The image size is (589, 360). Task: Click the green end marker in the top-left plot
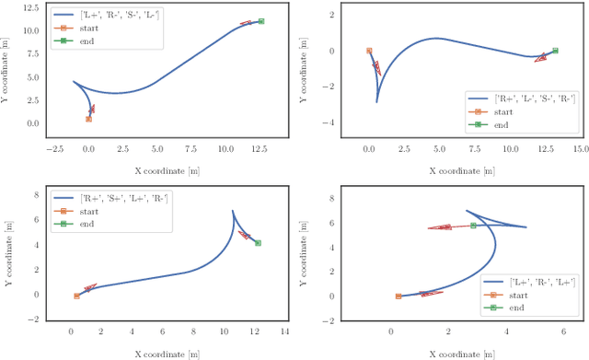coord(261,21)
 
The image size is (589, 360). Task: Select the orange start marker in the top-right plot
coord(369,52)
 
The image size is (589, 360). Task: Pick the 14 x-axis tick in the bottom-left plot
coord(284,331)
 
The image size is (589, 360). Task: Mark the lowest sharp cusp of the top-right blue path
coord(377,101)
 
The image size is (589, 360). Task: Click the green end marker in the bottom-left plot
coord(258,243)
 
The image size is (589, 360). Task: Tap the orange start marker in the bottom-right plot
coord(398,296)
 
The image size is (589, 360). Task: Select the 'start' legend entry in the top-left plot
coord(110,28)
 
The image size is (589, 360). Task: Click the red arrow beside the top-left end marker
coord(246,23)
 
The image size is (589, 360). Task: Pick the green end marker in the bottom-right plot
coord(473,226)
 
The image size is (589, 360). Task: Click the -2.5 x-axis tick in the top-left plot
coord(53,147)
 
